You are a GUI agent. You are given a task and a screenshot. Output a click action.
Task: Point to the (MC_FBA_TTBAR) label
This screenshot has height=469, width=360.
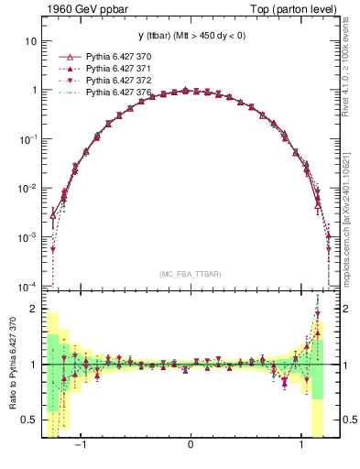pos(191,274)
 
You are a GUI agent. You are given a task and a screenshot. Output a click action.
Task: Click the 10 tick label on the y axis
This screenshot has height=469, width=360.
pos(30,42)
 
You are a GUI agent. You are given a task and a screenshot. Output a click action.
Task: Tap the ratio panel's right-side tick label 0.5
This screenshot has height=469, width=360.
pos(348,420)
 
